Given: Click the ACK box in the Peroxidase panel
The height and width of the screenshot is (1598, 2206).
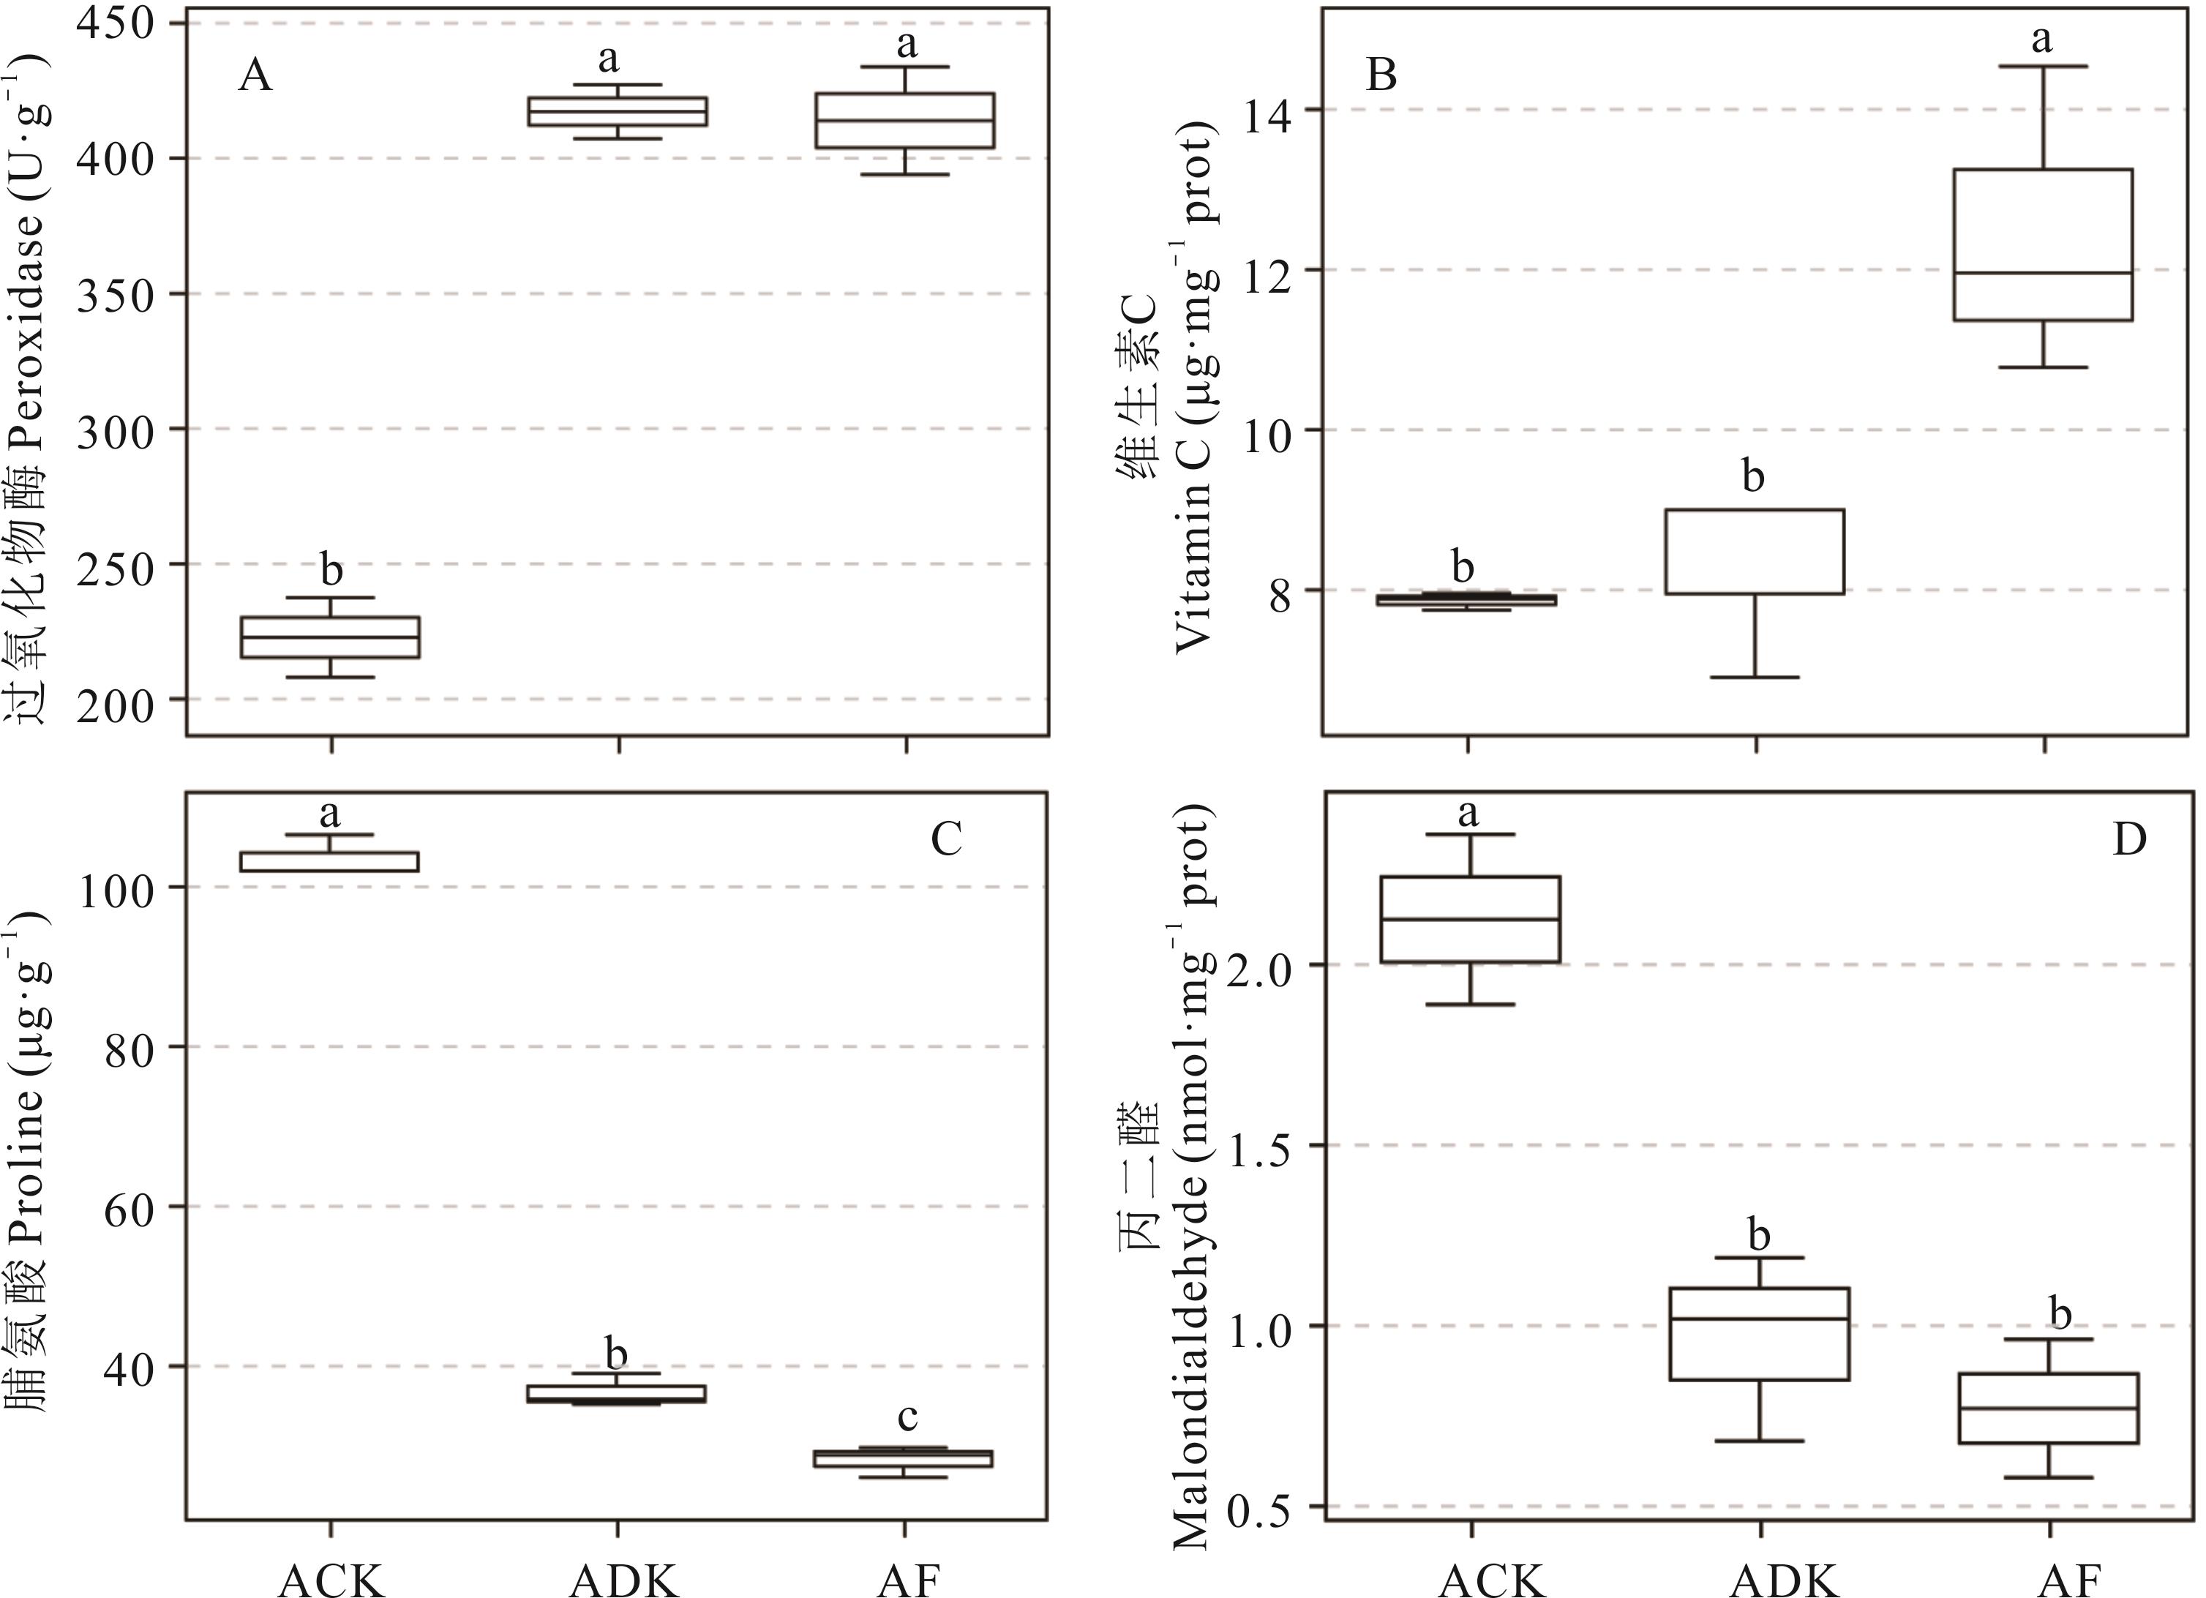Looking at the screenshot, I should pos(330,637).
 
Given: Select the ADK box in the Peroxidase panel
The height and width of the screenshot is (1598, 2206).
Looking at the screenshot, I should pos(617,111).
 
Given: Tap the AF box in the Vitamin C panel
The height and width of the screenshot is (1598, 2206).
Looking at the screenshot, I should pos(2043,244).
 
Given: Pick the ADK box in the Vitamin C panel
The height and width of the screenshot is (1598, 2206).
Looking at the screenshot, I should pos(1755,552).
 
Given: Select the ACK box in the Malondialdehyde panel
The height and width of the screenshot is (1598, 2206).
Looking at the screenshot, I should pos(1471,919).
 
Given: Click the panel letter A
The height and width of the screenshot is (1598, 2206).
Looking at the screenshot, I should pos(255,75).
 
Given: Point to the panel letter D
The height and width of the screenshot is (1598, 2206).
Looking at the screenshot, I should pos(2130,839).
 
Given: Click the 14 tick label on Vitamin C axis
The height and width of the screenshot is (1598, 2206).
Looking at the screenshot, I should pos(1267,110).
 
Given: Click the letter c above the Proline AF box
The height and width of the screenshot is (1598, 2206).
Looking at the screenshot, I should pos(907,1417).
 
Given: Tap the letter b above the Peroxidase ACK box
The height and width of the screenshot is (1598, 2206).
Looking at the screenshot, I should pos(331,571).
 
